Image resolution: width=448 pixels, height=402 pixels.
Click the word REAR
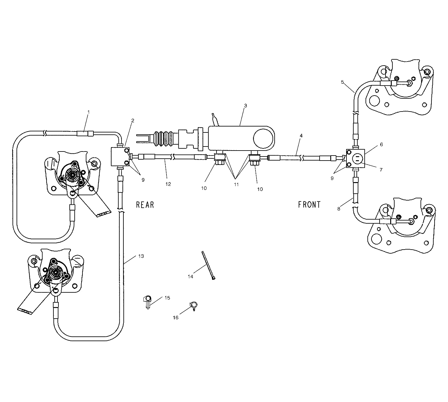pyautogui.click(x=145, y=205)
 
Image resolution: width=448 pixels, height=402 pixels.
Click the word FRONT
pyautogui.click(x=309, y=205)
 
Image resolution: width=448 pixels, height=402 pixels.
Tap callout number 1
pyautogui.click(x=88, y=112)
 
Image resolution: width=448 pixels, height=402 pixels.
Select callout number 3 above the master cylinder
pyautogui.click(x=246, y=106)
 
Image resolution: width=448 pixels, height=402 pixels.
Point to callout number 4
pyautogui.click(x=301, y=136)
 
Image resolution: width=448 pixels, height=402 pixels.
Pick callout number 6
pyautogui.click(x=381, y=145)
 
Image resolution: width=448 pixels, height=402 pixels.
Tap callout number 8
pyautogui.click(x=339, y=209)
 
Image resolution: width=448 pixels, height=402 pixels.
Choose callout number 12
pyautogui.click(x=168, y=184)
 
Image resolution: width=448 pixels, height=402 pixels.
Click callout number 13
pyautogui.click(x=141, y=256)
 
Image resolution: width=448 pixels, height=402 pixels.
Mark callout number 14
pyautogui.click(x=191, y=276)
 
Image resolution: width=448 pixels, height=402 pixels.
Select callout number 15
pyautogui.click(x=167, y=298)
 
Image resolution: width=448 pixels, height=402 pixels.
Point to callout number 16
pyautogui.click(x=176, y=318)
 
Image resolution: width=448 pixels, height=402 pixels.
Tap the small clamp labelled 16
pyautogui.click(x=193, y=305)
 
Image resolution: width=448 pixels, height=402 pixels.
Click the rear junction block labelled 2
pyautogui.click(x=120, y=157)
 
